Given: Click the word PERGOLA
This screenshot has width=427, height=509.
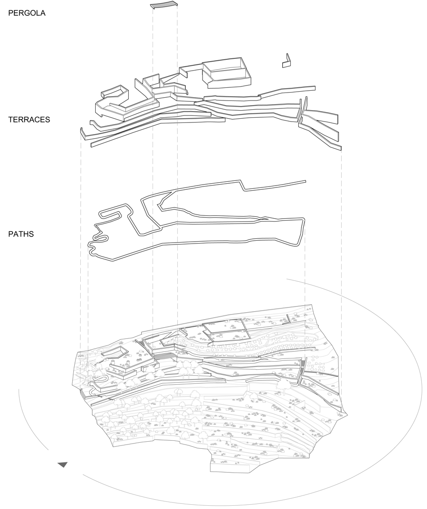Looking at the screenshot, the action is click(x=27, y=13).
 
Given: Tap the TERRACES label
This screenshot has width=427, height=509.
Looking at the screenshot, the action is click(x=29, y=120).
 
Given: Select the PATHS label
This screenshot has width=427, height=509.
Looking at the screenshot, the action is click(x=21, y=234).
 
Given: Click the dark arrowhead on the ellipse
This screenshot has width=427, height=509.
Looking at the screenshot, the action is click(x=62, y=465).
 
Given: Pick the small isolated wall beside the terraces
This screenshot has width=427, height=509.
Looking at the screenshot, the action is click(x=286, y=62).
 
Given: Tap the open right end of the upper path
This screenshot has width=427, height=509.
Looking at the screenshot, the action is click(x=305, y=181).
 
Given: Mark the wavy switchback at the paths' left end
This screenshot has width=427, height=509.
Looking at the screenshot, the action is click(x=97, y=240).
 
